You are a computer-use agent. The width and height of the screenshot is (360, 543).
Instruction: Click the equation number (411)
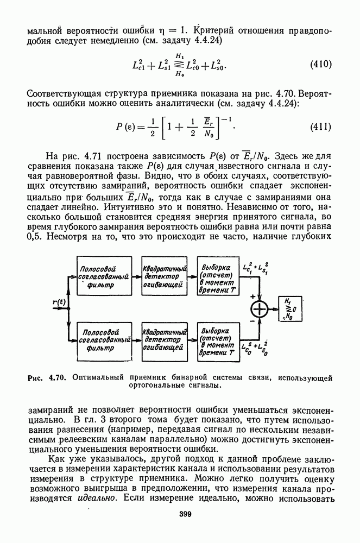pos(321,128)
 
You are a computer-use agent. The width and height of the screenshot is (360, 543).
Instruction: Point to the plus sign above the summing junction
pos(252,296)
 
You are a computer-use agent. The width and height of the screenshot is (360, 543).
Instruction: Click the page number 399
pos(180,515)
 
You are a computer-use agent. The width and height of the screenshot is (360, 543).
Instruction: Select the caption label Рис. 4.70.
pos(47,377)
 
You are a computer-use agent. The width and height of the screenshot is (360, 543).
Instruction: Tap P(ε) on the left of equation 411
pos(127,128)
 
